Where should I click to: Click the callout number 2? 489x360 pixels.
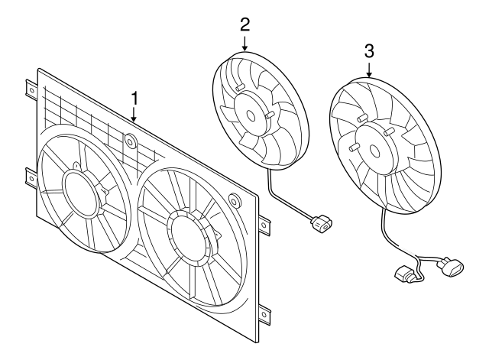tap(244, 23)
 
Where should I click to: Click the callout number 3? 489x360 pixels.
tap(369, 51)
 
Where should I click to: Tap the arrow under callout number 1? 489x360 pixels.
tap(134, 116)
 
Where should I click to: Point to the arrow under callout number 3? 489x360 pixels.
tap(369, 72)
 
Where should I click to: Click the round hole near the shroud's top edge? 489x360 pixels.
tap(128, 141)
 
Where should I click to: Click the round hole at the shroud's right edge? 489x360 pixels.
tap(235, 202)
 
